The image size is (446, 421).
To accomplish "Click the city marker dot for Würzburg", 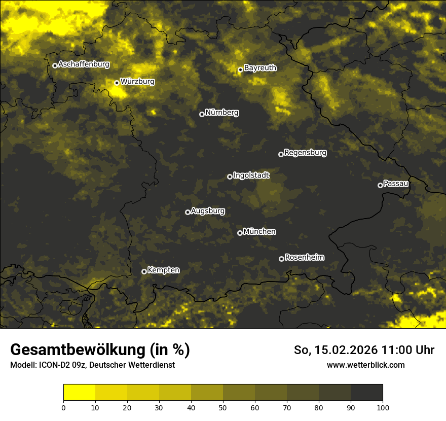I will (117, 83).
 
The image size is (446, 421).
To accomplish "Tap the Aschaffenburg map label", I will (84, 64).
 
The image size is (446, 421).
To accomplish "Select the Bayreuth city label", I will (260, 67).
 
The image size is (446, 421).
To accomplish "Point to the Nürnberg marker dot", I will (202, 114).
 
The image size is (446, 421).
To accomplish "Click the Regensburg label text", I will (305, 152).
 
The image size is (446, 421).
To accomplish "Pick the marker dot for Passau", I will (380, 185).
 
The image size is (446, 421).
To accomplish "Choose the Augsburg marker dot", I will (188, 212).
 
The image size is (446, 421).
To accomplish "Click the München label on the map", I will (259, 231).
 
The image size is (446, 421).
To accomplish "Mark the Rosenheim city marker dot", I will (281, 259).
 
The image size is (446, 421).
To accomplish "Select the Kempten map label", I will (163, 270).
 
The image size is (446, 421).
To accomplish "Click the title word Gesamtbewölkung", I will (79, 349).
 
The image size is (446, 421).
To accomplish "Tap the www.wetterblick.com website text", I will (365, 365).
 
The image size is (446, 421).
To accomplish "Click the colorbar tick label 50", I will (223, 407).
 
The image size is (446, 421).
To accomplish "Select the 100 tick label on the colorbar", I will (383, 407).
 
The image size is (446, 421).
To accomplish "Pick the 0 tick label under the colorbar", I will (63, 407).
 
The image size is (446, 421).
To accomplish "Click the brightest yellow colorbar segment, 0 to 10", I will (79, 393).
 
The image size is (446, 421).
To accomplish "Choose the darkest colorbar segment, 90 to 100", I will (366, 393).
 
